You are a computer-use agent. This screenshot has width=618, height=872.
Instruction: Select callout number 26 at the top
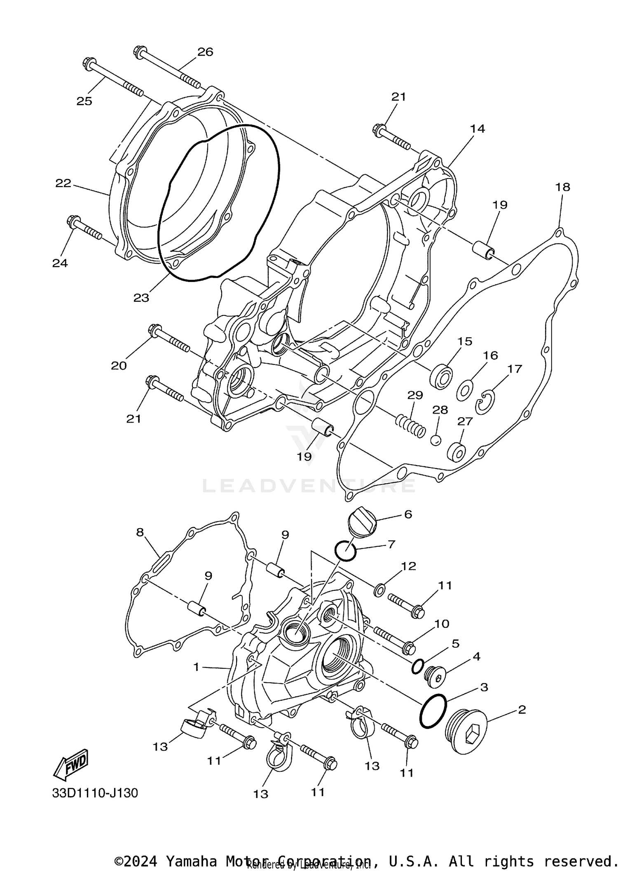205,52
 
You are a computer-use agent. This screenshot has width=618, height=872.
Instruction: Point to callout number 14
478,129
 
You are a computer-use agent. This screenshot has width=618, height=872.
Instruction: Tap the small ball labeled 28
436,440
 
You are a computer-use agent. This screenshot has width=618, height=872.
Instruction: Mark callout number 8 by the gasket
140,532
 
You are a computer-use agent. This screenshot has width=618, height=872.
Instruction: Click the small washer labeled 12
379,590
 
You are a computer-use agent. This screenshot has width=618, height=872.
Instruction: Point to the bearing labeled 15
441,375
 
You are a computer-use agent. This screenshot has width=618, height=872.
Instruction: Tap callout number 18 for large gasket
562,187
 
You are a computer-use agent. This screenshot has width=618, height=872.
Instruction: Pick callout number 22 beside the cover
63,183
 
